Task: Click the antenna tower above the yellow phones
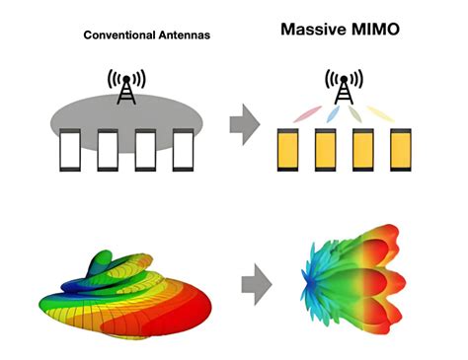tap(343, 86)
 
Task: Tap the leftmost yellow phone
tap(286, 151)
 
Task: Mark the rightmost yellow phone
tap(400, 151)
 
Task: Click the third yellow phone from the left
tap(362, 151)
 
